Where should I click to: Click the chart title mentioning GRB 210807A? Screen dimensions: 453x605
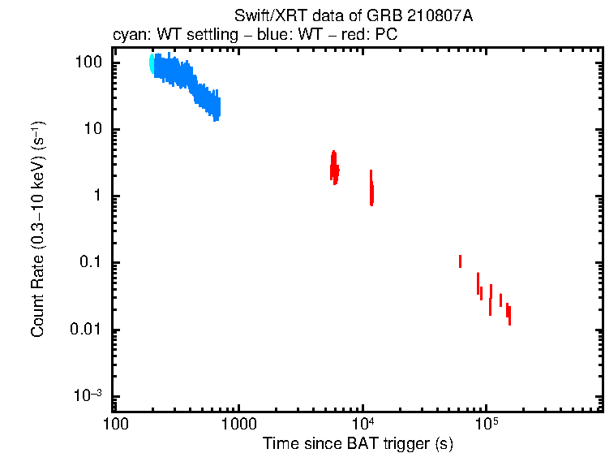pyautogui.click(x=353, y=17)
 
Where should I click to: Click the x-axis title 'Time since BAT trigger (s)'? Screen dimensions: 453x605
pyautogui.click(x=358, y=443)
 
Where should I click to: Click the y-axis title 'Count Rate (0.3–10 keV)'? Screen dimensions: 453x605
pyautogui.click(x=37, y=230)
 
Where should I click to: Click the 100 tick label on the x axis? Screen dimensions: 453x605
pyautogui.click(x=116, y=425)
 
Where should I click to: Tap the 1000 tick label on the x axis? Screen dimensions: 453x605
pyautogui.click(x=239, y=425)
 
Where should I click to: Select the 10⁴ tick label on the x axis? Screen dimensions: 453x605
pyautogui.click(x=363, y=425)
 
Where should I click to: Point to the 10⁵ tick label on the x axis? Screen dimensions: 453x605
pyautogui.click(x=486, y=425)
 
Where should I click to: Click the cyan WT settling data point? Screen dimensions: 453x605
pyautogui.click(x=152, y=64)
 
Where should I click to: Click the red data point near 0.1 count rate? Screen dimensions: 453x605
pyautogui.click(x=460, y=261)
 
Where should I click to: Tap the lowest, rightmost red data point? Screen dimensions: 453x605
pyautogui.click(x=509, y=315)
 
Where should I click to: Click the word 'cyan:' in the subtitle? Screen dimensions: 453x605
pyautogui.click(x=129, y=36)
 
